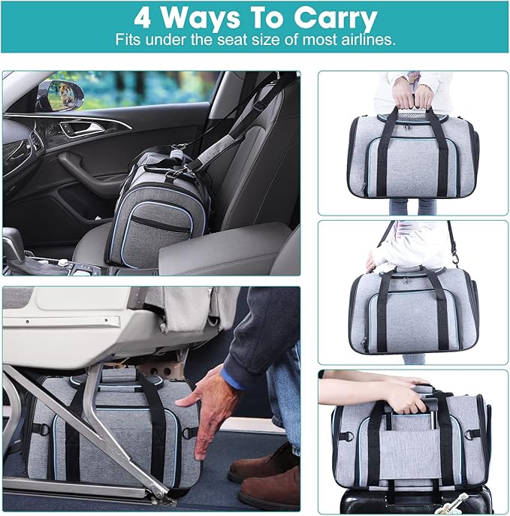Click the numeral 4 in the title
142,18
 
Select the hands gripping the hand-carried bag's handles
413,95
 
